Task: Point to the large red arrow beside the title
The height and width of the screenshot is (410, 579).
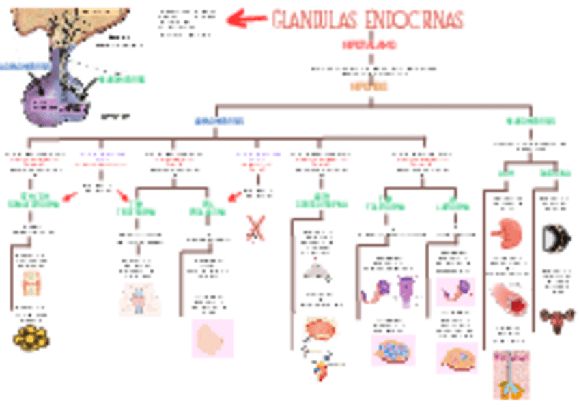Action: pyautogui.click(x=246, y=18)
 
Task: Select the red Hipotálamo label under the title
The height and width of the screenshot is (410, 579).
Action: pyautogui.click(x=369, y=44)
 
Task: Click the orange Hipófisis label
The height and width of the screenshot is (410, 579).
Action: pyautogui.click(x=369, y=87)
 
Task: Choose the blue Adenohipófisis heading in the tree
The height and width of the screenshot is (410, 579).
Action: pyautogui.click(x=219, y=121)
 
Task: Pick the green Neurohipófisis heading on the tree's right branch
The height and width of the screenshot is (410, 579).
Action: pyautogui.click(x=530, y=121)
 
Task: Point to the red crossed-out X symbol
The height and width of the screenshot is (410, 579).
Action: pyautogui.click(x=255, y=228)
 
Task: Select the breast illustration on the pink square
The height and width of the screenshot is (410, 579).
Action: pyautogui.click(x=212, y=338)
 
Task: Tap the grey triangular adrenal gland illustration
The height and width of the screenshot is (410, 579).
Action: pyautogui.click(x=317, y=271)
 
